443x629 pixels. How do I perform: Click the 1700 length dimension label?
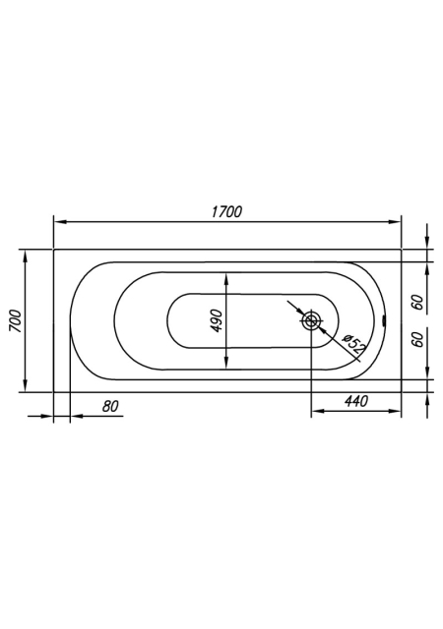coord(227,211)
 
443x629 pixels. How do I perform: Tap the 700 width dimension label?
coord(16,321)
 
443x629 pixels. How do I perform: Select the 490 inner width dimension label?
coord(217,320)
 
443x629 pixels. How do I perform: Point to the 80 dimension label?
coord(110,406)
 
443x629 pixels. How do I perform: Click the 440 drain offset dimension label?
coord(356,401)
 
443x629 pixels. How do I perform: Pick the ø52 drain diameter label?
coord(352,344)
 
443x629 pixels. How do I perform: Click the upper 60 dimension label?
coord(418,302)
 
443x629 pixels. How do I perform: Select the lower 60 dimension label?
coord(418,339)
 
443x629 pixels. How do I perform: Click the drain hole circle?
coord(311,320)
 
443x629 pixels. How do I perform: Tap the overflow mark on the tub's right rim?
coord(384,320)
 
